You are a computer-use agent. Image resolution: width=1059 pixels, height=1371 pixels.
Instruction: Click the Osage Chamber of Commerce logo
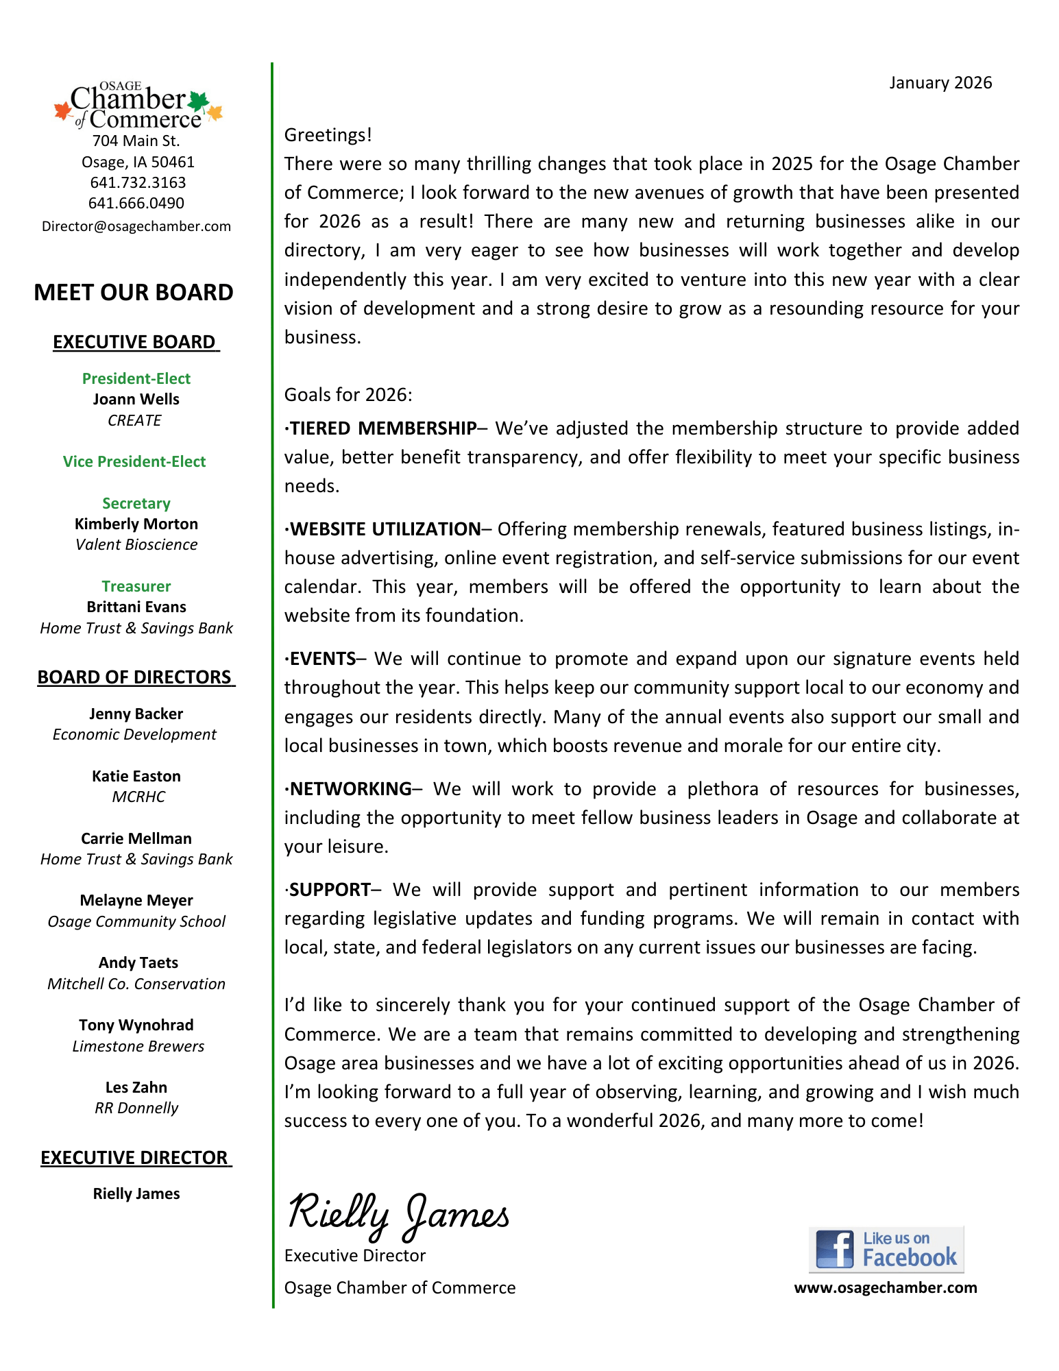(x=138, y=106)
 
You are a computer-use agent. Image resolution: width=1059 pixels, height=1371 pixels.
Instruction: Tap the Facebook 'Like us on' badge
(x=886, y=1249)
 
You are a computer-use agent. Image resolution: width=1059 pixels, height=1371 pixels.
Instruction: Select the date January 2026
(x=940, y=83)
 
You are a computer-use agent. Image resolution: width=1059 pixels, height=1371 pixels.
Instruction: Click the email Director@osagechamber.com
(x=136, y=226)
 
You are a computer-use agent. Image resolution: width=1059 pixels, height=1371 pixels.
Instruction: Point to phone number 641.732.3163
(x=138, y=182)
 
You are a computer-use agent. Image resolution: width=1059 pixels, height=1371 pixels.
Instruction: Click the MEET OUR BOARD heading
(x=134, y=292)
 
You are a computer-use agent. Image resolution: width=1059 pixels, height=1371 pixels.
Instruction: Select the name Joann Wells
(x=136, y=399)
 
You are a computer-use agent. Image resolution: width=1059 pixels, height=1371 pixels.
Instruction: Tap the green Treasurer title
(x=136, y=586)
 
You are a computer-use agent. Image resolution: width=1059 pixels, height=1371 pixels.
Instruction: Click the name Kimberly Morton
(x=136, y=524)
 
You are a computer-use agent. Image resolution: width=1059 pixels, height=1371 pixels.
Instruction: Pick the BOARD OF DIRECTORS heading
(x=135, y=677)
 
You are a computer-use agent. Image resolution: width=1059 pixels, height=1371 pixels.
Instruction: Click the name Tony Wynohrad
(x=136, y=1025)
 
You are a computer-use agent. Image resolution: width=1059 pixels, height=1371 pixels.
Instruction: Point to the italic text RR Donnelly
(x=136, y=1108)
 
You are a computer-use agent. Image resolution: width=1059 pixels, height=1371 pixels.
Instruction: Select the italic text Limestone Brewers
(x=138, y=1046)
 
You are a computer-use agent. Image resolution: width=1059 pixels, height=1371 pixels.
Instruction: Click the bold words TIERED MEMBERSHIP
(x=383, y=428)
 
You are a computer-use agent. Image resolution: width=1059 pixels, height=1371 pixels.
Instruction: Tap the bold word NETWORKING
(x=351, y=789)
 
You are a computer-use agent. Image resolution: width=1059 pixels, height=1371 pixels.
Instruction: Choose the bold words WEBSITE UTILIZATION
(x=385, y=529)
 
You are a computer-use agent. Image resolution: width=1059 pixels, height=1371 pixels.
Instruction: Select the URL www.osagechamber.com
(x=886, y=1287)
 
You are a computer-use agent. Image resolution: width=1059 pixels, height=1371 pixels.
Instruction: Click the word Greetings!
(x=328, y=135)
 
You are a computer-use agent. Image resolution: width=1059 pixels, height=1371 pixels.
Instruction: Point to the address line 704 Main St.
(x=136, y=141)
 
